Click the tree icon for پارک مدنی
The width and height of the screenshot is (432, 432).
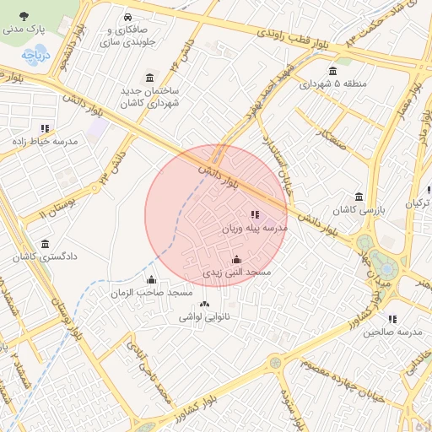(23, 15)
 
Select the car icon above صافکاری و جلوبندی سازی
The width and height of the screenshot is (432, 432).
(127, 18)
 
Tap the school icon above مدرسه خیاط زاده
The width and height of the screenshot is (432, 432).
(45, 128)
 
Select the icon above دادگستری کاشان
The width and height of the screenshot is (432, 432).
(45, 242)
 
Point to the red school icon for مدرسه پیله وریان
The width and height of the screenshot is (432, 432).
(255, 214)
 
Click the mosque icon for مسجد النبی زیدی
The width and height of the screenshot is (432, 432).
(236, 259)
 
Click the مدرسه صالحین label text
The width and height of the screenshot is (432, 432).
(391, 332)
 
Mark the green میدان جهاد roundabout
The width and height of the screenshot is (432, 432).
(386, 267)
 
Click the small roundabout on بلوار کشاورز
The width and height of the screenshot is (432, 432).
(274, 363)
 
